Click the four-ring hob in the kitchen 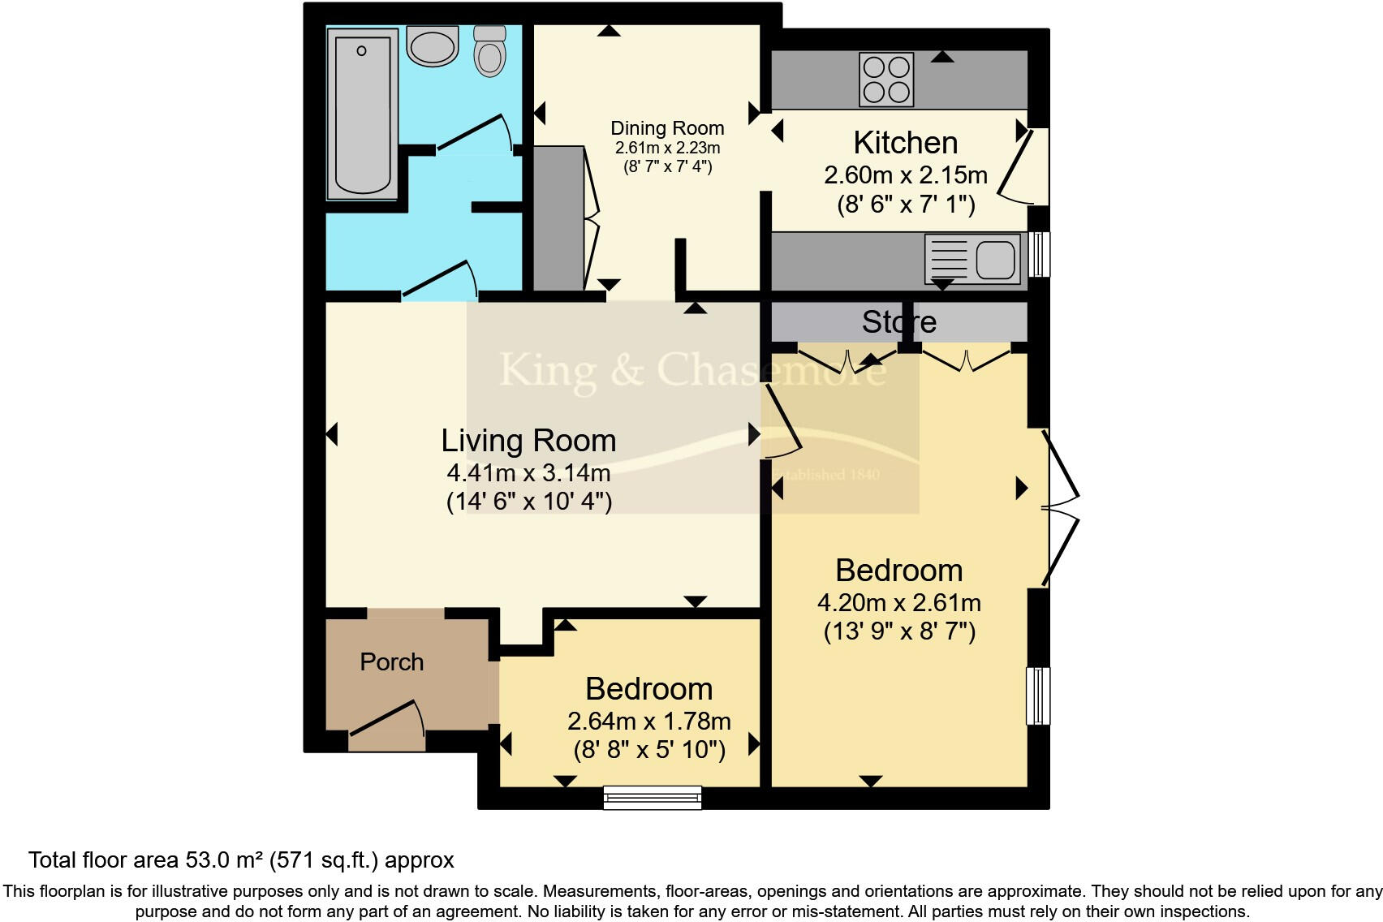pyautogui.click(x=886, y=80)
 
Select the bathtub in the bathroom pyautogui.click(x=362, y=114)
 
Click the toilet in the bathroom pyautogui.click(x=489, y=51)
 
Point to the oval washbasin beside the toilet pyautogui.click(x=433, y=46)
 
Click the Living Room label pyautogui.click(x=528, y=441)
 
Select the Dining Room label pyautogui.click(x=667, y=128)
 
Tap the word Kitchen pyautogui.click(x=905, y=143)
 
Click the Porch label pyautogui.click(x=391, y=662)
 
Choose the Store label pyautogui.click(x=898, y=322)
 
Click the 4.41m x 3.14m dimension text pyautogui.click(x=528, y=473)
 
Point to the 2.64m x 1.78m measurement pyautogui.click(x=648, y=721)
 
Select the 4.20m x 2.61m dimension pyautogui.click(x=898, y=603)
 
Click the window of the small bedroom pyautogui.click(x=652, y=798)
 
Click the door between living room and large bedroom pyautogui.click(x=782, y=422)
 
